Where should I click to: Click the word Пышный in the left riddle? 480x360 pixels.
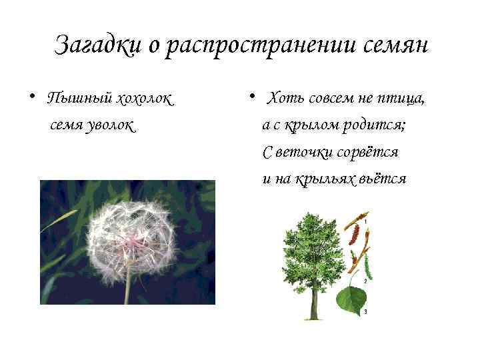point(79,99)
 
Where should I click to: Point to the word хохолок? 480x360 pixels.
point(144,99)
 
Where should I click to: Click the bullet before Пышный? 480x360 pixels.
point(31,97)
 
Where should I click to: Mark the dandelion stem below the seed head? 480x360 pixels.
point(127,290)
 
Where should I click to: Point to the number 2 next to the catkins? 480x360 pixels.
point(366,281)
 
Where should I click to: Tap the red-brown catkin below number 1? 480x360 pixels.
point(354,235)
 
